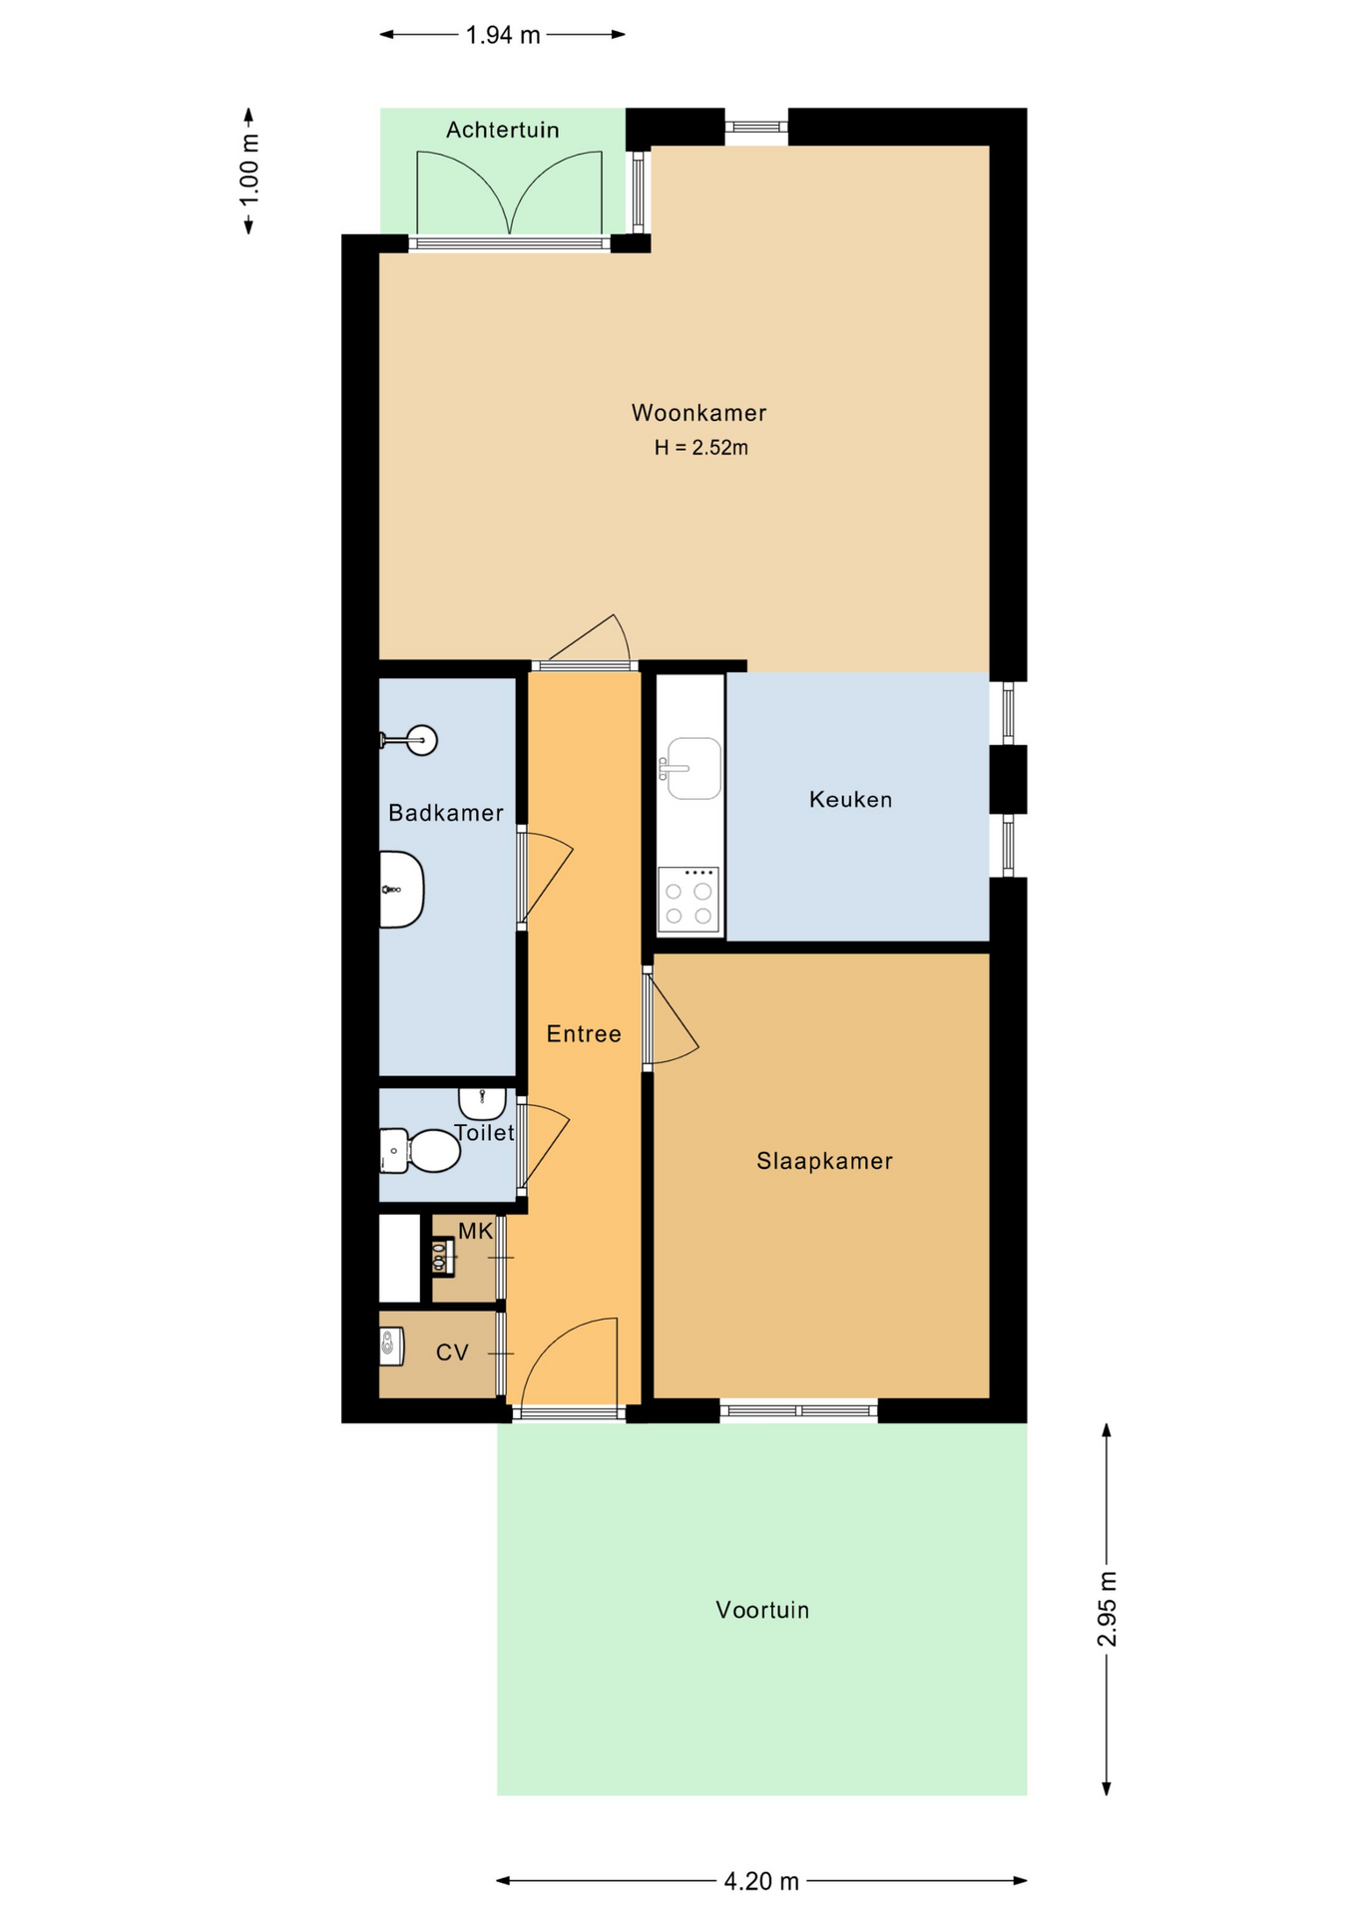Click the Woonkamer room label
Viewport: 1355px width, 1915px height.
(698, 413)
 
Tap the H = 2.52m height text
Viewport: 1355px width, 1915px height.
(700, 448)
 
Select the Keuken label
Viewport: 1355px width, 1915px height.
(850, 799)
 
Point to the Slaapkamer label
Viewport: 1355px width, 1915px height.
(824, 1161)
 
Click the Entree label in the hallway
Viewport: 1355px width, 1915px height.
(584, 1034)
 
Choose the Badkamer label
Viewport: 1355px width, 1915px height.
(446, 813)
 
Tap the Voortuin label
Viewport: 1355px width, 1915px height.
(762, 1610)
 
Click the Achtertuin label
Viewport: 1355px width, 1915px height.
(503, 130)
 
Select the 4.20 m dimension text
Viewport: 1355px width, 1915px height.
(761, 1881)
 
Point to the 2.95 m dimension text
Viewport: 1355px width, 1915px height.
(1107, 1610)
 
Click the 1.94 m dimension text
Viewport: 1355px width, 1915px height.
(503, 35)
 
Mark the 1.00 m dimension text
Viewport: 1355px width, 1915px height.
(249, 171)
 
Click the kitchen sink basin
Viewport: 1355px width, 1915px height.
(693, 768)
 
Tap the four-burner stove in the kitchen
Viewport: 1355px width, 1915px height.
(688, 900)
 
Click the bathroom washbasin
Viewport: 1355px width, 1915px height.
(401, 889)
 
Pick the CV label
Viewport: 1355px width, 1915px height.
(452, 1352)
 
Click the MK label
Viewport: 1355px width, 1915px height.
(476, 1231)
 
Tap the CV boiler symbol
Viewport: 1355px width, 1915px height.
(391, 1346)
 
